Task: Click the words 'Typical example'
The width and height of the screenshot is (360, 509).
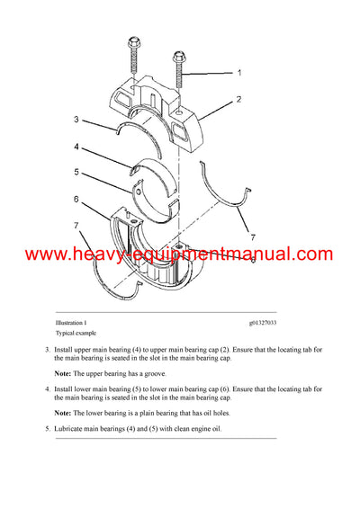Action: [x=74, y=333]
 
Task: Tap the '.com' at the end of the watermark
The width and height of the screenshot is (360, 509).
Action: [x=314, y=255]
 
